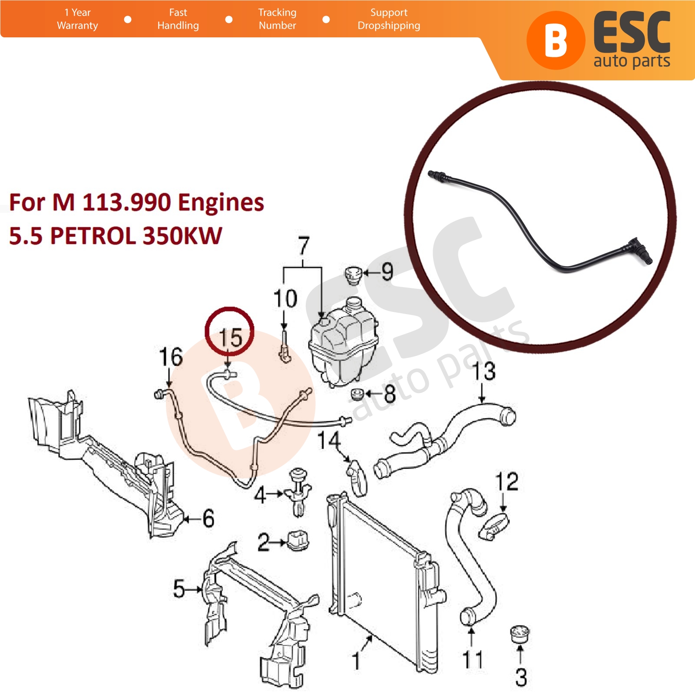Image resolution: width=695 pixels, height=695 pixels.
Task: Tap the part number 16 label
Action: pyautogui.click(x=171, y=357)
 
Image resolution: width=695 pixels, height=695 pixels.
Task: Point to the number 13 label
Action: pyautogui.click(x=484, y=371)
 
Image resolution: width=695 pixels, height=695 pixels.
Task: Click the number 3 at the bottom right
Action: pyautogui.click(x=521, y=677)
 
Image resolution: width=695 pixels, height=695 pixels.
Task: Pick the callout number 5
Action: pyautogui.click(x=179, y=589)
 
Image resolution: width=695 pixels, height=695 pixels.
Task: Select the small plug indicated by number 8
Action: pyautogui.click(x=357, y=395)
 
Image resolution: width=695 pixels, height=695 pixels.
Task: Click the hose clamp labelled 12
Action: pyautogui.click(x=494, y=526)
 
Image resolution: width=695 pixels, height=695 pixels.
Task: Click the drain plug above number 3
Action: pyautogui.click(x=520, y=635)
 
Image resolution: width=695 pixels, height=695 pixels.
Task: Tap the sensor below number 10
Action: pyautogui.click(x=285, y=347)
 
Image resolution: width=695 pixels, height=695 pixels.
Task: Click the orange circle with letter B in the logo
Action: pyautogui.click(x=556, y=40)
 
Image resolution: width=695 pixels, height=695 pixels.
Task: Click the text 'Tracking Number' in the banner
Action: pyautogui.click(x=277, y=19)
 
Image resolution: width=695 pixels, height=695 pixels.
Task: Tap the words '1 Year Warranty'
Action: pyautogui.click(x=77, y=19)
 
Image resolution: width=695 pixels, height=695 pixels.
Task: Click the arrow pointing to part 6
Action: pyautogui.click(x=193, y=519)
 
